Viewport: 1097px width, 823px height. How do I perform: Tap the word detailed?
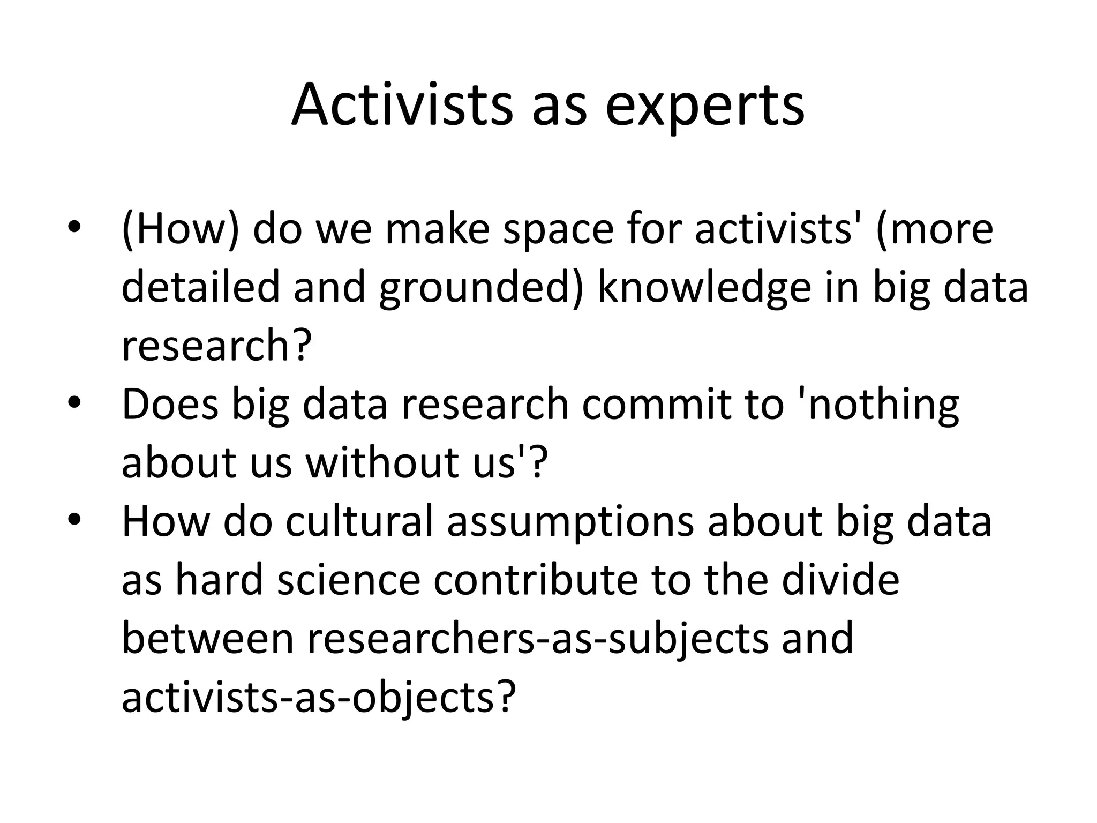201,287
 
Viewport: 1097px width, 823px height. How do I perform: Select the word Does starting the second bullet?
170,404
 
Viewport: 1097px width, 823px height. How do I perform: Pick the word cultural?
359,521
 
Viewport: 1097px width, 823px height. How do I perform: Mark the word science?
349,580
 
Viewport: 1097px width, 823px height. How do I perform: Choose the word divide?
841,580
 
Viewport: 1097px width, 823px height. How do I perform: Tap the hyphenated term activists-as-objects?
319,698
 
